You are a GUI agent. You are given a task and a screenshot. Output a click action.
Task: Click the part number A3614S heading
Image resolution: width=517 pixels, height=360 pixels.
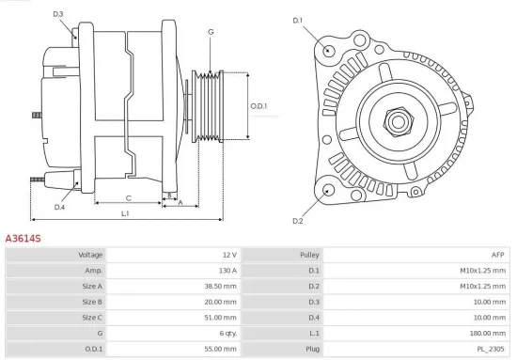point(23,240)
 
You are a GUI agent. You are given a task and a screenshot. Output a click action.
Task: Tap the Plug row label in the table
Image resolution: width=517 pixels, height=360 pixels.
point(311,349)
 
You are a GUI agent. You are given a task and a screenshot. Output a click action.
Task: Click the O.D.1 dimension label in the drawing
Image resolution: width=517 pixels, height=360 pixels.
point(259,105)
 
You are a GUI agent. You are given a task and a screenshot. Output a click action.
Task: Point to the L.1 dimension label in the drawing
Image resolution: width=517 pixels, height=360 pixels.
point(125,214)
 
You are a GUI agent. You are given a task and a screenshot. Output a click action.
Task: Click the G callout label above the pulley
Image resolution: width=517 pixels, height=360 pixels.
point(211,32)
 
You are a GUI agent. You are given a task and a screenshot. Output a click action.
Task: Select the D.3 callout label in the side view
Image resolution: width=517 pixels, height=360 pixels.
point(58,14)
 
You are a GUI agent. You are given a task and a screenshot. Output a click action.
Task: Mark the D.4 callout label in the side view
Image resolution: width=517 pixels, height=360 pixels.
point(59,207)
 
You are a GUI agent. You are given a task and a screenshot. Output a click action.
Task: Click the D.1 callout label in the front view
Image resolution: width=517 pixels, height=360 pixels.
point(298,20)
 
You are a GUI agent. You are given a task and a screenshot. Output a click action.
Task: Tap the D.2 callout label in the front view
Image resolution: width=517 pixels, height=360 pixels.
point(297,220)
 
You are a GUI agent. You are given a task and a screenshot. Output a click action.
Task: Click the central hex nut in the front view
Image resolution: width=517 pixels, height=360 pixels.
point(396,119)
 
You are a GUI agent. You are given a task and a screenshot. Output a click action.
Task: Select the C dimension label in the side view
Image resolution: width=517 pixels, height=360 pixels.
point(128,197)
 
